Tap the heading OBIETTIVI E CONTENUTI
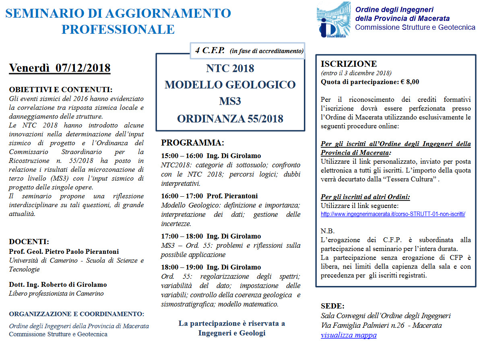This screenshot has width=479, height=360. pos(60,89)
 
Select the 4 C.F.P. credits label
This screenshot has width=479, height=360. pos(210,51)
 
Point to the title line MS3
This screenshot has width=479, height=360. pos(230,101)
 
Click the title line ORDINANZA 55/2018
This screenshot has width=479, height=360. pos(230,119)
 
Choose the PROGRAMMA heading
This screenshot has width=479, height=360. pos(192,143)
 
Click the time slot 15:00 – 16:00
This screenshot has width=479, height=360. pos(182,156)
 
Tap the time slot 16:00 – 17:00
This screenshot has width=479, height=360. pos(182,196)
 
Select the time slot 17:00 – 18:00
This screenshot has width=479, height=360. pos(182,236)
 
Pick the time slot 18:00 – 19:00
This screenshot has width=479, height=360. pos(182,267)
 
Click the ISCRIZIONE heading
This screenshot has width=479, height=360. pos(349,64)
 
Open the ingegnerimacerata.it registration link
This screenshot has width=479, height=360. pos(393,214)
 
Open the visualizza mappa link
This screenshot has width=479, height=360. pos(349,335)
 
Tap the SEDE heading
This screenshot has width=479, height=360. pos(332,306)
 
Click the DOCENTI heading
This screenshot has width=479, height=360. pos(29,242)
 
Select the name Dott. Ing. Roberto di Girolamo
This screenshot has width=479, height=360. pos(58,284)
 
